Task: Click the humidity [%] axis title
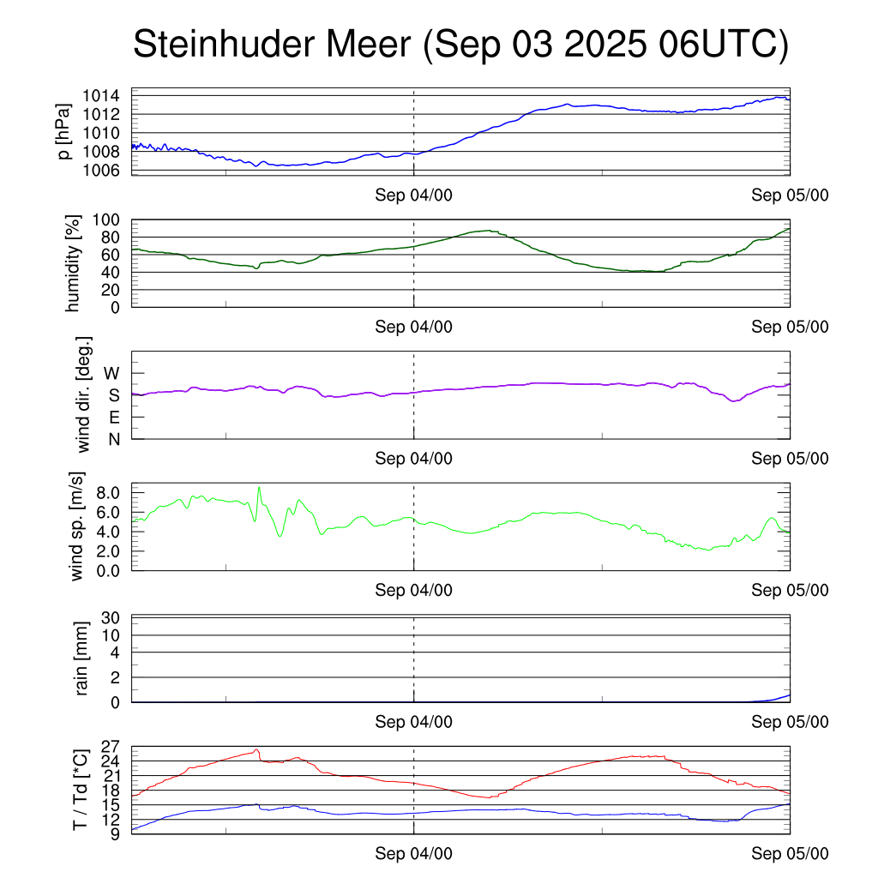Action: tap(74, 263)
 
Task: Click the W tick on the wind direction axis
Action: tap(111, 373)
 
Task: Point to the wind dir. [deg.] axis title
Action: tap(84, 394)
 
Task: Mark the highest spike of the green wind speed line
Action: tap(259, 488)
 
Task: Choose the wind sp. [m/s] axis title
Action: tap(78, 526)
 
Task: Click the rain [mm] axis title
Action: tap(83, 658)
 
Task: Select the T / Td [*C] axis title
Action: tap(80, 790)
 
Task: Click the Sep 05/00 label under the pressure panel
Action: tap(790, 195)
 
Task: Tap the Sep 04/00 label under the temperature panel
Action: tap(413, 855)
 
